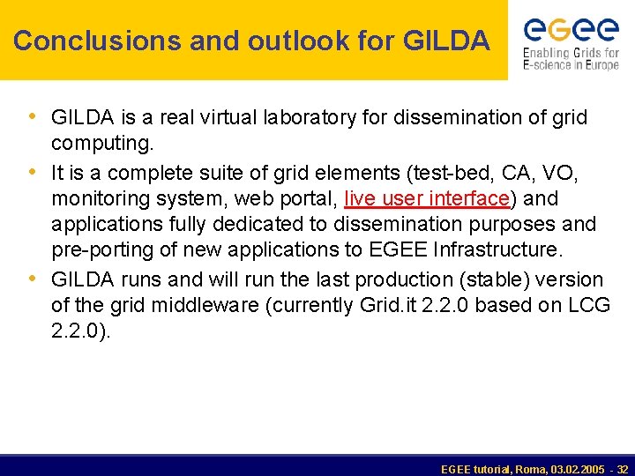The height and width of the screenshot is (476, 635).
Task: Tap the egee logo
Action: pyautogui.click(x=571, y=30)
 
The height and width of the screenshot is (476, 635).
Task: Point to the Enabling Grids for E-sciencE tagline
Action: pyautogui.click(x=571, y=59)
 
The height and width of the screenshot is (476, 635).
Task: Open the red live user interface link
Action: pyautogui.click(x=427, y=198)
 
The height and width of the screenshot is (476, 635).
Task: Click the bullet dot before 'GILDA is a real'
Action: pyautogui.click(x=33, y=116)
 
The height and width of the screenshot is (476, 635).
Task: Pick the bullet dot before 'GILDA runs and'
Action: pyautogui.click(x=33, y=279)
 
